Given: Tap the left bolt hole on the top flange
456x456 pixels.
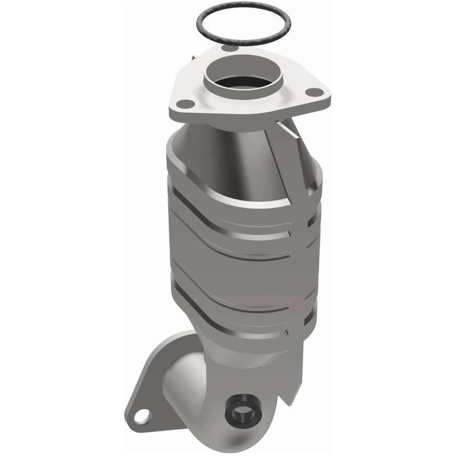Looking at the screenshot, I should coord(185,103).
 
